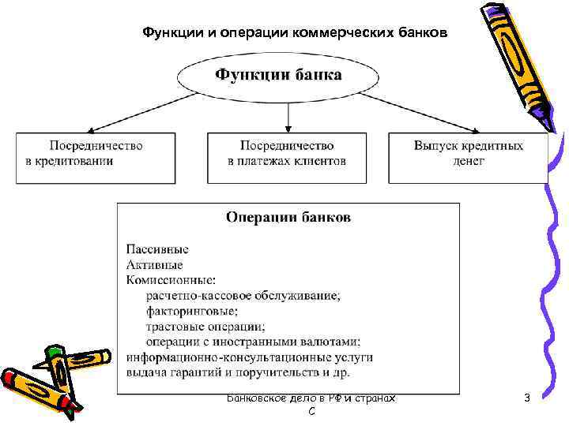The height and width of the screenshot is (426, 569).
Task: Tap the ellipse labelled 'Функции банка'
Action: [280, 77]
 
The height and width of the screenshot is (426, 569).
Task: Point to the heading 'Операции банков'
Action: [288, 217]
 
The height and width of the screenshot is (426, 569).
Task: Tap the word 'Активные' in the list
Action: [154, 264]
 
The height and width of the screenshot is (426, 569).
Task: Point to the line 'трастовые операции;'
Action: [205, 326]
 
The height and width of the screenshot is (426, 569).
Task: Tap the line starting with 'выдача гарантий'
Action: [238, 372]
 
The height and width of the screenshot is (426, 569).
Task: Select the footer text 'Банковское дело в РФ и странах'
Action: [311, 398]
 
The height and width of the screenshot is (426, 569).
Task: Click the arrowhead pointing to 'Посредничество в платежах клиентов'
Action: [288, 127]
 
